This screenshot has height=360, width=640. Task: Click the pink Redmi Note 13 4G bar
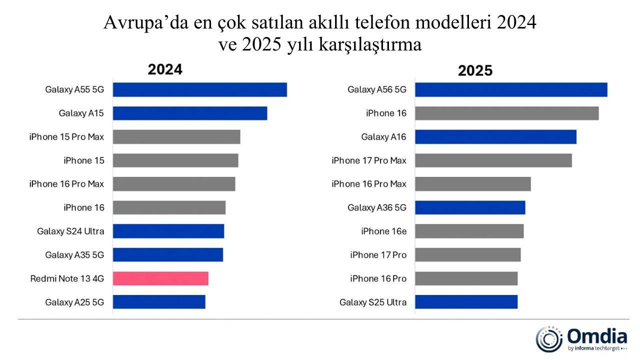pos(160,278)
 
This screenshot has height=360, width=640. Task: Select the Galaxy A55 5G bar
pos(200,89)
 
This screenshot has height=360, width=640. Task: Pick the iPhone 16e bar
pos(469,231)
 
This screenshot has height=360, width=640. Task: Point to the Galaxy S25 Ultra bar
pos(466,302)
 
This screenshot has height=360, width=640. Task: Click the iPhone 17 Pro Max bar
pos(493,160)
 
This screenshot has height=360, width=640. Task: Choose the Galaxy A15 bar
pos(190,113)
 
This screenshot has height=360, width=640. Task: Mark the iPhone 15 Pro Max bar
pos(176,136)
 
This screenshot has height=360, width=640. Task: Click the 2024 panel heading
pos(165,69)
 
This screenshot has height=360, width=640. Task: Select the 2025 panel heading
pos(475,70)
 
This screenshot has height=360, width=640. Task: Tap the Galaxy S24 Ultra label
pos(70,231)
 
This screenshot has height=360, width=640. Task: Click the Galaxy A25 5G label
pos(74,302)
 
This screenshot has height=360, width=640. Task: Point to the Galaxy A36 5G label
pos(377,207)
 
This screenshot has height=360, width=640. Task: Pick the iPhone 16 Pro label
pos(378,278)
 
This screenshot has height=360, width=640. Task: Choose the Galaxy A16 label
pos(384,136)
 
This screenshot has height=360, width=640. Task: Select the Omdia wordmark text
pos(597,335)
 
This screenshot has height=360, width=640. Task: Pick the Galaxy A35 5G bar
pos(168,254)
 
